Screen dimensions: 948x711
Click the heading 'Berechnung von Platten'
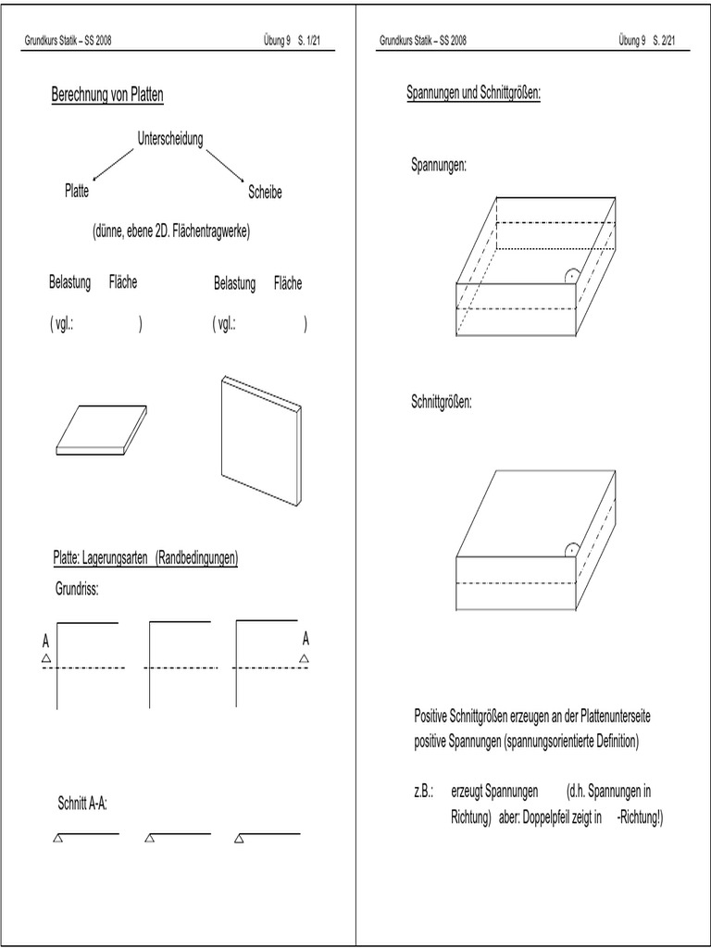coord(107,95)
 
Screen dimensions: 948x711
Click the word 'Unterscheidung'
coord(170,139)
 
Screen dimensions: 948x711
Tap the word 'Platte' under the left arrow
coord(77,192)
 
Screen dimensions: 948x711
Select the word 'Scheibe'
coord(265,193)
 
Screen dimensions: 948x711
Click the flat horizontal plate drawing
coord(101,430)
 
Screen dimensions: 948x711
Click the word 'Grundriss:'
coord(78,589)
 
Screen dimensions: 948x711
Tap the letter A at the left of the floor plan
coord(45,641)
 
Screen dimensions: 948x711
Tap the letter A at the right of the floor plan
coord(306,639)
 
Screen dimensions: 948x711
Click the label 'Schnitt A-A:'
coord(82,804)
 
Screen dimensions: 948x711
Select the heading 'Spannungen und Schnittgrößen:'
coord(473,94)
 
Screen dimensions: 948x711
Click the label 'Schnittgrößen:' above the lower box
coord(442,403)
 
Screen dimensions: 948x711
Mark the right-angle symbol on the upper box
coord(572,275)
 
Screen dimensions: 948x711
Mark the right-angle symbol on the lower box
coord(572,549)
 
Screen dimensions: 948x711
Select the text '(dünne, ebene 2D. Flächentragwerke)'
coord(171,231)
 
